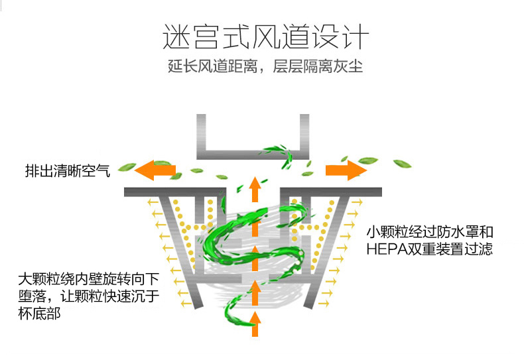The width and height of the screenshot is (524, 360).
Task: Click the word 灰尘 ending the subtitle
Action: pyautogui.click(x=349, y=68)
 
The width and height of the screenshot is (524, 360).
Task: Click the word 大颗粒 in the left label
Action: pyautogui.click(x=38, y=278)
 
